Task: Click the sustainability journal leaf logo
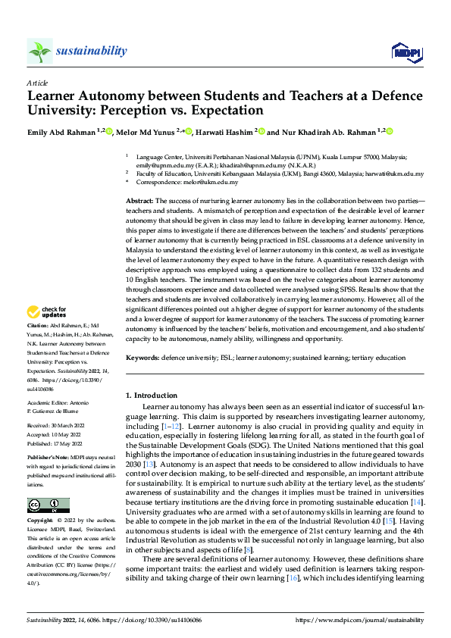(x=39, y=51)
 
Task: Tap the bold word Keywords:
(x=143, y=356)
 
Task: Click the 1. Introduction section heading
(x=150, y=395)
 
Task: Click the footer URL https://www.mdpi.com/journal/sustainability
(x=359, y=621)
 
